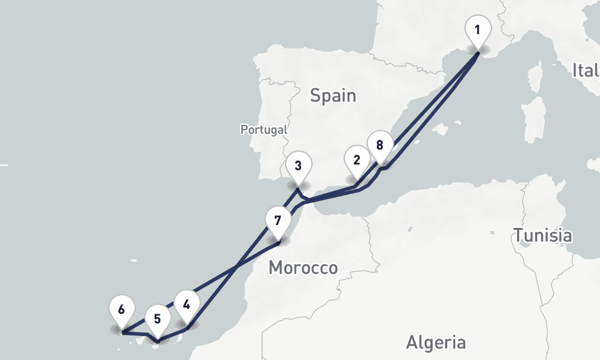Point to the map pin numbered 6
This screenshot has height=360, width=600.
(x=121, y=311)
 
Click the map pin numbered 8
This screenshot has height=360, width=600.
(x=379, y=146)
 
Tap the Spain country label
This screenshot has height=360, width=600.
(x=333, y=95)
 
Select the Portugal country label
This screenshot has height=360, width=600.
(x=263, y=129)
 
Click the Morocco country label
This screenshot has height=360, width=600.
(x=303, y=268)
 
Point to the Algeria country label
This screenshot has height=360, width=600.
(x=436, y=343)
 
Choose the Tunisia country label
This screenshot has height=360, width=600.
(x=542, y=236)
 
